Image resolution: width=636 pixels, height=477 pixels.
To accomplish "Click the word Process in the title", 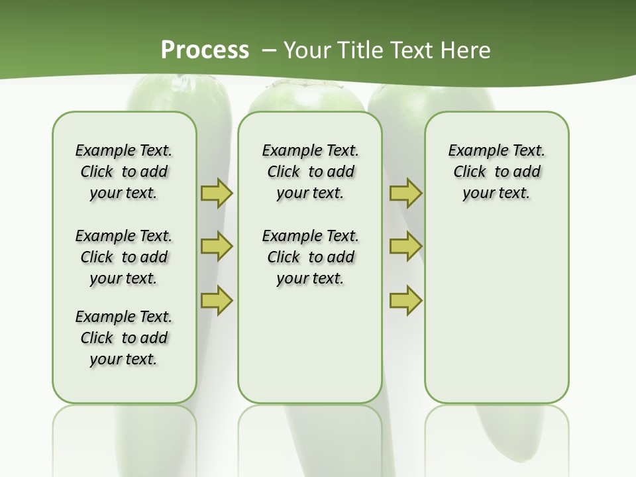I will click(x=205, y=50).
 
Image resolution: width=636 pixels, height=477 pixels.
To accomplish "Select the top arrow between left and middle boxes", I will click(x=217, y=193).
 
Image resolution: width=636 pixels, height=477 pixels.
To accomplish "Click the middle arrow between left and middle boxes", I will click(x=217, y=246).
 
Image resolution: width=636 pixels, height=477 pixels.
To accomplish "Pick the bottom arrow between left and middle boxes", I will click(x=217, y=300).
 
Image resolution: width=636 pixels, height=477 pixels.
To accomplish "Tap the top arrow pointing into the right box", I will click(x=405, y=193).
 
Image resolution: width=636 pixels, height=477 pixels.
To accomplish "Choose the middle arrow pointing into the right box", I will click(x=405, y=246).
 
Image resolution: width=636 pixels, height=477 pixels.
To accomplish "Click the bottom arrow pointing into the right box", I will click(x=405, y=300).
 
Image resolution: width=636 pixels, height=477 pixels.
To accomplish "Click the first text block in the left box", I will click(x=124, y=172).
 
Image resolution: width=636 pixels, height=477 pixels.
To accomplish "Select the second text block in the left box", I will click(x=124, y=257).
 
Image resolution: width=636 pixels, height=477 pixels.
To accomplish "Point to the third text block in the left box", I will click(x=124, y=338).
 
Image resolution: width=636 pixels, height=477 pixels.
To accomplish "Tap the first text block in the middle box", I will click(x=310, y=172).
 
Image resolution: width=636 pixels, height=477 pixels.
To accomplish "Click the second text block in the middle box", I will click(x=310, y=257).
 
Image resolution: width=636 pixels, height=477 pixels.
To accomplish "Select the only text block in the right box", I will click(x=497, y=172).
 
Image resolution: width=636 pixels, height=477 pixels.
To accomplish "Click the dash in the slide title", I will click(x=269, y=50).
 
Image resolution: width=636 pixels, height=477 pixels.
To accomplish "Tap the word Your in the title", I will click(x=309, y=50).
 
